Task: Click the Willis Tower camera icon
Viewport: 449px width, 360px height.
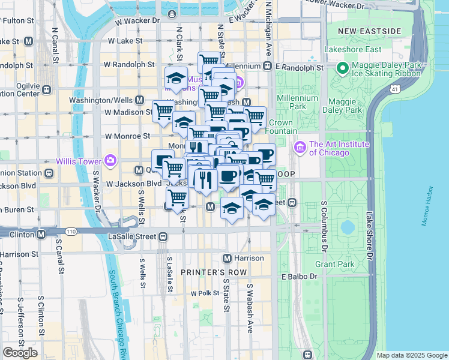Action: coord(110,160)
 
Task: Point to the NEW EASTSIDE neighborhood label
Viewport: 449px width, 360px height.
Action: coord(369,31)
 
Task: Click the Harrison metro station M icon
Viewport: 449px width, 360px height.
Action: coord(227,258)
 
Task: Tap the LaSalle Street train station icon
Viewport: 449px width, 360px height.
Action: coord(163,237)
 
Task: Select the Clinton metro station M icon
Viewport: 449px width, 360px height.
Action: coord(41,234)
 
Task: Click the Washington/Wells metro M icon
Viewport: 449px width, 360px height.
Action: coord(139,100)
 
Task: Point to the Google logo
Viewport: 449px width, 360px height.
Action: coord(20,353)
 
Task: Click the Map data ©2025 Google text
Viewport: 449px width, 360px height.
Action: coord(411,355)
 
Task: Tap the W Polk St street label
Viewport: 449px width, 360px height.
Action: coord(202,293)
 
